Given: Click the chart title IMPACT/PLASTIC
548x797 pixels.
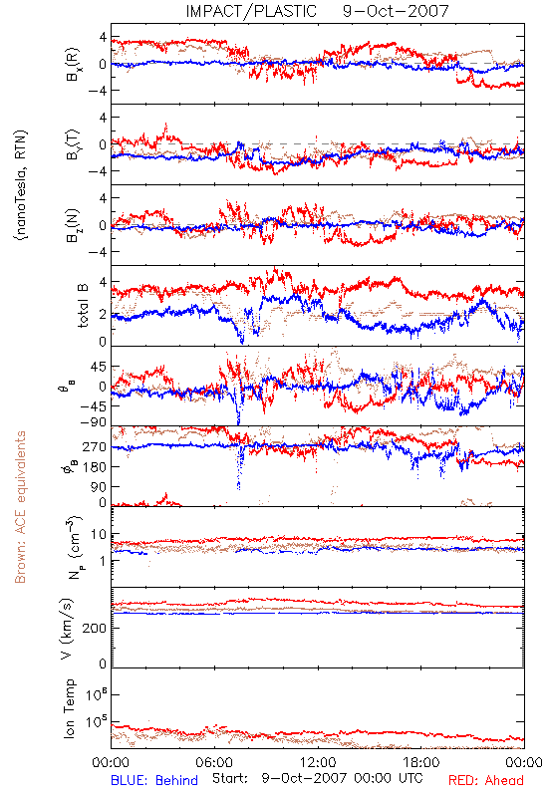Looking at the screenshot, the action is pyautogui.click(x=251, y=11).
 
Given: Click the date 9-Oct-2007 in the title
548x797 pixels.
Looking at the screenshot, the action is pyautogui.click(x=396, y=11).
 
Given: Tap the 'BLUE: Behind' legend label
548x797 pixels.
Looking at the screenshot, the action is pyautogui.click(x=154, y=780).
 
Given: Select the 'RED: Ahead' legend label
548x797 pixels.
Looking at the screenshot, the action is pyautogui.click(x=486, y=780).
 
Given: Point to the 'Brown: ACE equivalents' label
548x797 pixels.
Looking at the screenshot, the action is pyautogui.click(x=20, y=507).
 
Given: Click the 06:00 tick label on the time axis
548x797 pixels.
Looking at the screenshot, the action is pyautogui.click(x=214, y=762).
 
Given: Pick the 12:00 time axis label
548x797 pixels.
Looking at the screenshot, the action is pyautogui.click(x=318, y=762).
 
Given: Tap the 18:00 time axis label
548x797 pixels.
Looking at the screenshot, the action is pyautogui.click(x=421, y=762).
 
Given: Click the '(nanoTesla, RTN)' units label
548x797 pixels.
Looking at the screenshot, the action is pyautogui.click(x=21, y=185).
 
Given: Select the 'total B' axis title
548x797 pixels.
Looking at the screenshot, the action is pyautogui.click(x=83, y=306).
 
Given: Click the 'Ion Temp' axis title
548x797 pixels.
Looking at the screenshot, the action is pyautogui.click(x=69, y=708).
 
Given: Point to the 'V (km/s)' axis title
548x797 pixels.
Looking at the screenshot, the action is pyautogui.click(x=67, y=629).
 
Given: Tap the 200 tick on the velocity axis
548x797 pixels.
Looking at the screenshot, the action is pyautogui.click(x=96, y=629).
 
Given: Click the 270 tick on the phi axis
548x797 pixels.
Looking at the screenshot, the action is pyautogui.click(x=96, y=447).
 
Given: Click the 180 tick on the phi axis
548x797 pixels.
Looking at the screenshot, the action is pyautogui.click(x=96, y=467).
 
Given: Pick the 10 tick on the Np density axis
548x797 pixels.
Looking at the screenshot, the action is pyautogui.click(x=99, y=535).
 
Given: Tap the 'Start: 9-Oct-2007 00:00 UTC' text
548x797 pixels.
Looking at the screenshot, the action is pyautogui.click(x=317, y=778).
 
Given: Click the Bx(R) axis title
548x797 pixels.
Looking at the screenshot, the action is pyautogui.click(x=72, y=65).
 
